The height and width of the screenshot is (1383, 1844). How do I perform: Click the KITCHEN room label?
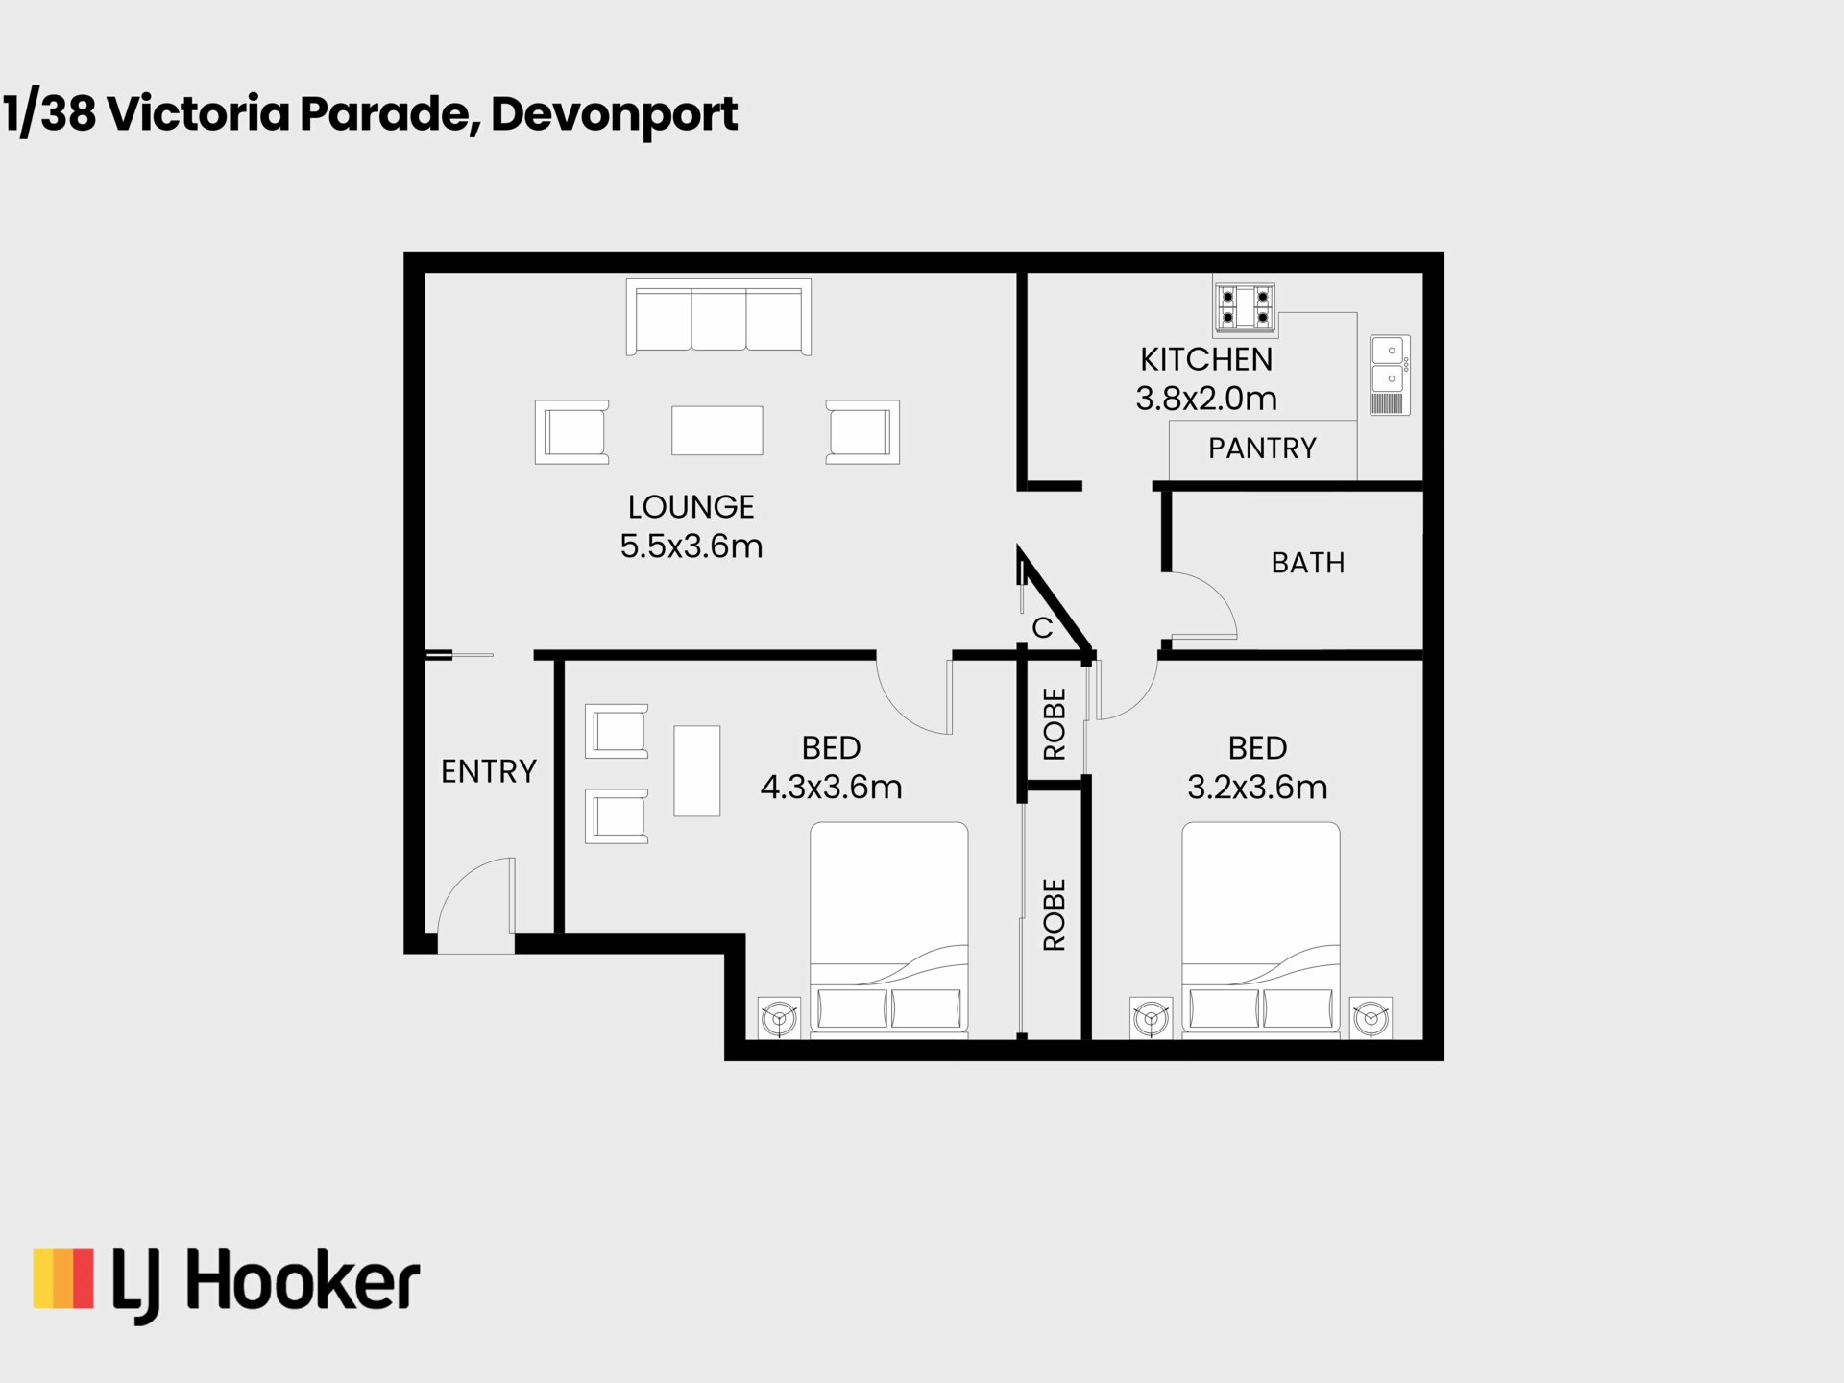[1206, 359]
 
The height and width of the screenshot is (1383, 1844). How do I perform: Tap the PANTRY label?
[1262, 449]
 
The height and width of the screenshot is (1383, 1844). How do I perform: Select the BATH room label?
[1308, 563]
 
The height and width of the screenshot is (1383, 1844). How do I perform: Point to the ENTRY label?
[489, 771]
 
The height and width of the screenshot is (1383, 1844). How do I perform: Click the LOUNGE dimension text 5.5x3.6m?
[691, 546]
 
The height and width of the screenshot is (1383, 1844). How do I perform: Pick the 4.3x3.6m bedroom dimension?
[832, 788]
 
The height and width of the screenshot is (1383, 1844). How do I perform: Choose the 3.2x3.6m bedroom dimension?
[1257, 788]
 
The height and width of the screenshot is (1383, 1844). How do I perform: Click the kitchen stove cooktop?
[1245, 307]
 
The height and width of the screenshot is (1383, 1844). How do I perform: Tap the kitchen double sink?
[1390, 375]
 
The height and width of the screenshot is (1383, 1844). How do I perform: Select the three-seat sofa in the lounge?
[718, 317]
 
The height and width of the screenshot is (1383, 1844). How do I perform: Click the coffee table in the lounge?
[717, 430]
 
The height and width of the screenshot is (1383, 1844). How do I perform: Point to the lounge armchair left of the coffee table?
[572, 432]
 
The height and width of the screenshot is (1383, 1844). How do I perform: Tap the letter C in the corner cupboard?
[1042, 628]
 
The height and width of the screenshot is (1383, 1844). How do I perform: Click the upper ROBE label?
[1055, 724]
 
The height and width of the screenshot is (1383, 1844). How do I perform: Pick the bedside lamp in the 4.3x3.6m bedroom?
[779, 1017]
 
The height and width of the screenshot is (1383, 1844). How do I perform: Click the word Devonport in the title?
[614, 115]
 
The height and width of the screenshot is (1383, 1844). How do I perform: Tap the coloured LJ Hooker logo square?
[63, 1278]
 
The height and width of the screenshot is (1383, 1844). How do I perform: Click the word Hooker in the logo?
[303, 1281]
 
